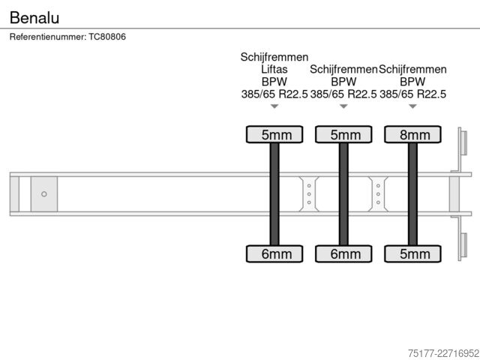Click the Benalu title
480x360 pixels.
click(x=34, y=17)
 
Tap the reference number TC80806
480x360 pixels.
click(x=107, y=37)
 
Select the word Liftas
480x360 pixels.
click(x=274, y=69)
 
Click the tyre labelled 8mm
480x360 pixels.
click(x=412, y=134)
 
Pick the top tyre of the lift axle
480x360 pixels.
click(x=274, y=134)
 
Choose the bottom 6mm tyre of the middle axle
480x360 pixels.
click(x=343, y=253)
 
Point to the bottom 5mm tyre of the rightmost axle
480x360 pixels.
click(x=412, y=253)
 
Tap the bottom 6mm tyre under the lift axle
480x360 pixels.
click(x=274, y=253)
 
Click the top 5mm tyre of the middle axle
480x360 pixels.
click(x=343, y=134)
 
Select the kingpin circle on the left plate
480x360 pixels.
click(x=44, y=194)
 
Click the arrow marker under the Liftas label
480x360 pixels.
click(x=274, y=106)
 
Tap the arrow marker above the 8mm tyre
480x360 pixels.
click(x=413, y=106)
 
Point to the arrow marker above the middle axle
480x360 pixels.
click(x=343, y=106)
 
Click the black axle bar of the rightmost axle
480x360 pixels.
click(x=412, y=194)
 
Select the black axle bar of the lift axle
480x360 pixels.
click(x=274, y=194)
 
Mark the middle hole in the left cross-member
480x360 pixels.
click(x=309, y=194)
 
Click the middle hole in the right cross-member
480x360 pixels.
click(x=378, y=194)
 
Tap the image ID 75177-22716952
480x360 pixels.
click(x=443, y=353)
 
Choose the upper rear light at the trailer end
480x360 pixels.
click(x=463, y=143)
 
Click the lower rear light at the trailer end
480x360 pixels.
click(x=463, y=245)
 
